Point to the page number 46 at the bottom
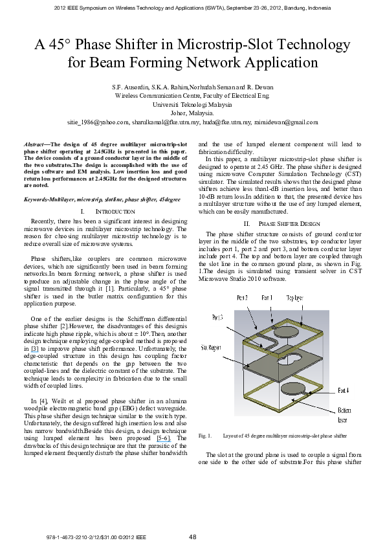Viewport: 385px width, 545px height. coord(192,535)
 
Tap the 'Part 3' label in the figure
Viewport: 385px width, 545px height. coord(219,318)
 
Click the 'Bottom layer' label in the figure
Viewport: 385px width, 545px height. coord(342,406)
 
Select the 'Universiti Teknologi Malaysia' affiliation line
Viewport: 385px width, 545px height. coord(192,103)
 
